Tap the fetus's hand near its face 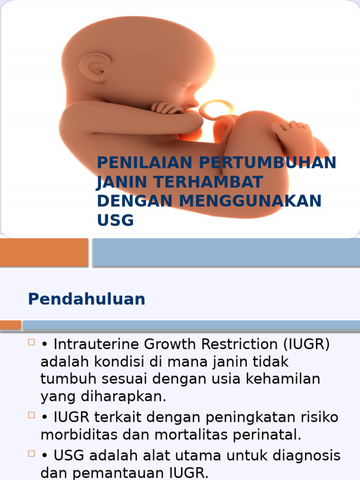tap(166, 108)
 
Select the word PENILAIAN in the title tap(145, 163)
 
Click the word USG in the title tap(115, 220)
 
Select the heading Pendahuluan tap(86, 299)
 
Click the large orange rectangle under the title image tap(44, 253)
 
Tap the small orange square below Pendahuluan tap(10, 325)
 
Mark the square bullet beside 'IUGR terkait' tap(32, 416)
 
